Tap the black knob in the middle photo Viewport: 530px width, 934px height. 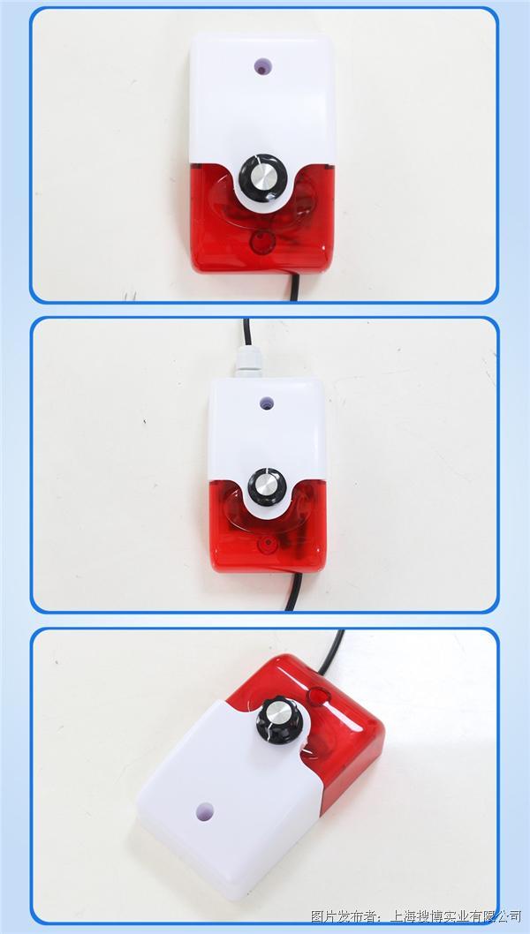click(267, 486)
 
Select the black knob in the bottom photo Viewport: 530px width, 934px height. click(280, 720)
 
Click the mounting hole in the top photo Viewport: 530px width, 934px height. click(262, 66)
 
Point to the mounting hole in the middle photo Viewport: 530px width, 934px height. click(267, 403)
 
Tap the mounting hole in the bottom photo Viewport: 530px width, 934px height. click(204, 810)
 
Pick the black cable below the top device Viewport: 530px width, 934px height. click(294, 286)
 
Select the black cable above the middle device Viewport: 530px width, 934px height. click(246, 332)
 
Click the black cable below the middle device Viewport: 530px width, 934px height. click(293, 592)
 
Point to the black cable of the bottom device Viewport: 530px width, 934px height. click(333, 653)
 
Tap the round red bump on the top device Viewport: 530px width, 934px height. click(261, 243)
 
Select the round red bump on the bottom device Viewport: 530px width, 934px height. click(318, 695)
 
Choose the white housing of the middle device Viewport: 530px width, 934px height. click(267, 435)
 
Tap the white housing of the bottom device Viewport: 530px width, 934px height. click(230, 798)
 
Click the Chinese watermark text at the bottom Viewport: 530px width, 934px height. click(416, 915)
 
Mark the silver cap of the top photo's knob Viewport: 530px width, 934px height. click(263, 176)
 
